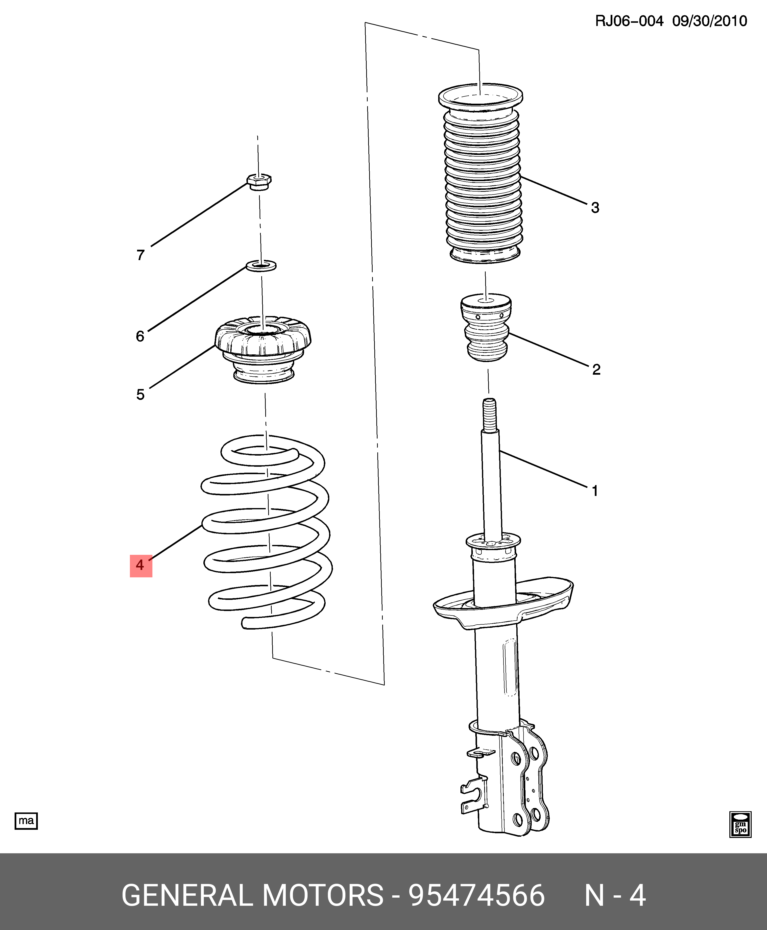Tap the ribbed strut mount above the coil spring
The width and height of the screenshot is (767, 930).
(x=263, y=349)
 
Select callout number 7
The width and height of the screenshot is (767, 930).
(x=141, y=255)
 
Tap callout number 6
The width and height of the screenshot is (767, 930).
(x=140, y=336)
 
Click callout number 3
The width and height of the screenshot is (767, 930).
(x=595, y=208)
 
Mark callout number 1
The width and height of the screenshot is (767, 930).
(x=595, y=491)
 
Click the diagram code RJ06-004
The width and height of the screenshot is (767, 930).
(x=629, y=21)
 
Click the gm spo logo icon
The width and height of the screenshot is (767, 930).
(x=740, y=824)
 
